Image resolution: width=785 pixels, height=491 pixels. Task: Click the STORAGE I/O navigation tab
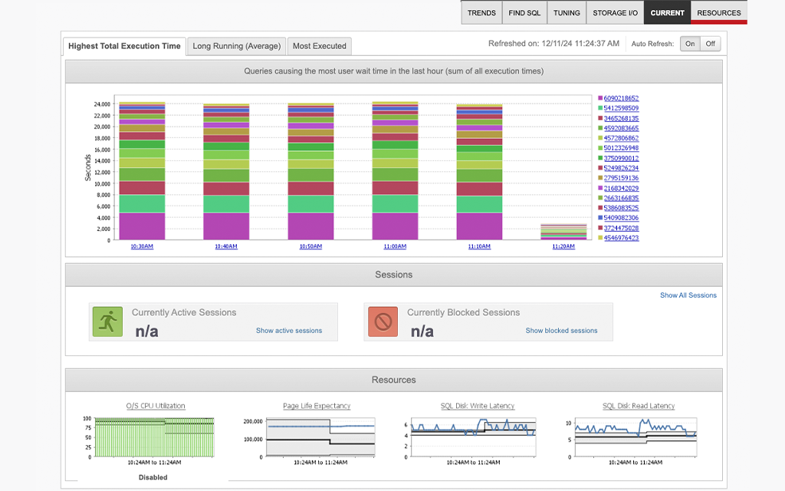tap(616, 13)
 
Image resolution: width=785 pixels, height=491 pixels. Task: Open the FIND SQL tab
tap(524, 13)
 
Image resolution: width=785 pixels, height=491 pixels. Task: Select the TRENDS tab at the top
tap(481, 13)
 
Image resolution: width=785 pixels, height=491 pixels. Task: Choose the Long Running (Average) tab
tap(237, 46)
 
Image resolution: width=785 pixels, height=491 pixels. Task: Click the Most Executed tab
tap(320, 46)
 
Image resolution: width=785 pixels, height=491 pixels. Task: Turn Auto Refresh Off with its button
tap(711, 44)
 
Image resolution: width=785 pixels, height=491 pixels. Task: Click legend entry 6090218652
tap(621, 98)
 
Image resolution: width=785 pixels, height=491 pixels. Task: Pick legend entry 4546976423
tap(621, 238)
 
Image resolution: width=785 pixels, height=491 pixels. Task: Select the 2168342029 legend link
tap(621, 188)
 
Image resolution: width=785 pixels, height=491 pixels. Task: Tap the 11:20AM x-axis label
tap(563, 246)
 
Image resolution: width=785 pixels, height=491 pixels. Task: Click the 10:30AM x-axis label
tap(141, 246)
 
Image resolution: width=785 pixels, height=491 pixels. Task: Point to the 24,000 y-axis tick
tap(102, 104)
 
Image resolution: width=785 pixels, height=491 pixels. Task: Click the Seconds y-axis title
tap(88, 166)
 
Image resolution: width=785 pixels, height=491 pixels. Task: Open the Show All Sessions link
tap(688, 295)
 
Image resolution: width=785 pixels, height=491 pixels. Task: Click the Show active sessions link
tap(289, 331)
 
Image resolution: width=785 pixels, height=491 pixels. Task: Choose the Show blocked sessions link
tap(561, 331)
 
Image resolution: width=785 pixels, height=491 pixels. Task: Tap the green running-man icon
tap(107, 321)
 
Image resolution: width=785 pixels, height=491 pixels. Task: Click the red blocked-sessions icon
tap(383, 321)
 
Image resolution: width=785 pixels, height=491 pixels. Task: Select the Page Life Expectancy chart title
tap(317, 406)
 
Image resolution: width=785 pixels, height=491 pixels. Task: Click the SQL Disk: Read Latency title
tap(639, 406)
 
